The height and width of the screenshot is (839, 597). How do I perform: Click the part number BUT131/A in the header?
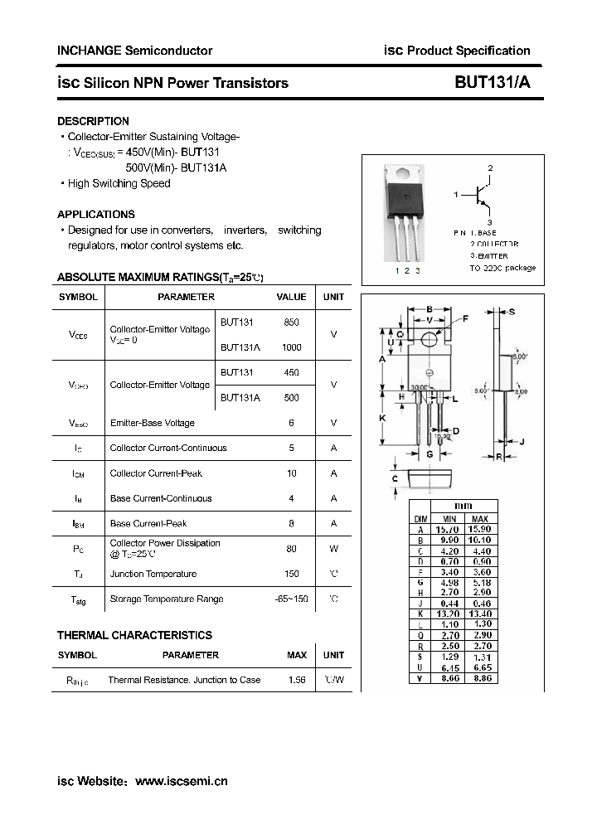pyautogui.click(x=492, y=83)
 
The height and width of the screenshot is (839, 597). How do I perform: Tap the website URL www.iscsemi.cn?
pyautogui.click(x=181, y=781)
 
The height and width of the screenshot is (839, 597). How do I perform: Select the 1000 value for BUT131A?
pyautogui.click(x=291, y=347)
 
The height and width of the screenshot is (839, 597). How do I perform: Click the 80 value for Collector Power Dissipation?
pyautogui.click(x=291, y=548)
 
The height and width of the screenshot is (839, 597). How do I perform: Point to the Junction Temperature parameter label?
pyautogui.click(x=153, y=574)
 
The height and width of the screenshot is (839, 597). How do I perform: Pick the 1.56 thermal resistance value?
pyautogui.click(x=296, y=680)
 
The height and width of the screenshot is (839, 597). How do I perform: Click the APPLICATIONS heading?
pyautogui.click(x=96, y=213)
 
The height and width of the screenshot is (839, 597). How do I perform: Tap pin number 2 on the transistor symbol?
pyautogui.click(x=490, y=168)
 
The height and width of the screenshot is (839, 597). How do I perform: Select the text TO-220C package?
pyautogui.click(x=502, y=268)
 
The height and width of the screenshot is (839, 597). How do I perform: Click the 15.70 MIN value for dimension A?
pyautogui.click(x=447, y=529)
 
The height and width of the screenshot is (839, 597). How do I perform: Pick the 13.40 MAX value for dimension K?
pyautogui.click(x=480, y=614)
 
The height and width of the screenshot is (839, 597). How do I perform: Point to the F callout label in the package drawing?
pyautogui.click(x=465, y=318)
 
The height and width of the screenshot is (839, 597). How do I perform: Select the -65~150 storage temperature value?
pyautogui.click(x=291, y=599)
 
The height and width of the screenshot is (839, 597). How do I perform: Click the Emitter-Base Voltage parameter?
pyautogui.click(x=152, y=423)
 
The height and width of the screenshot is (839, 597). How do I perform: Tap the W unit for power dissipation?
pyautogui.click(x=333, y=548)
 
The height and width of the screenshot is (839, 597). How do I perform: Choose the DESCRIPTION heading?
pyautogui.click(x=93, y=121)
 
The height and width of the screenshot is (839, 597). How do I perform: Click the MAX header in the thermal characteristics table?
pyautogui.click(x=296, y=655)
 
